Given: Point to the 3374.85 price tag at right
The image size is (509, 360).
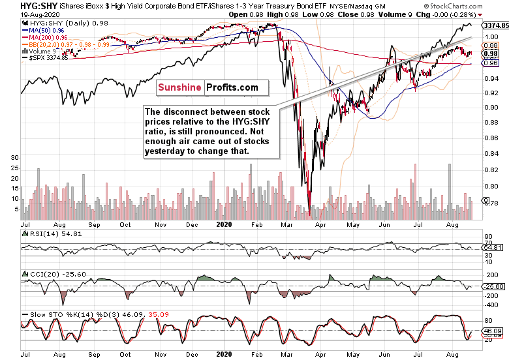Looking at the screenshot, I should pos(494,25).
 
